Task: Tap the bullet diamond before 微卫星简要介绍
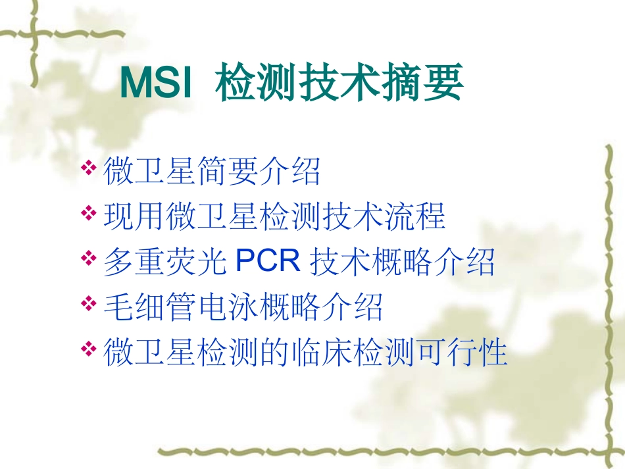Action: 89,169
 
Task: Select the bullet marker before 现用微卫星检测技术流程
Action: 89,214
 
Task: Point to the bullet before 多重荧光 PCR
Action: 89,259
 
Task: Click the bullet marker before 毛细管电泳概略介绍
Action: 89,303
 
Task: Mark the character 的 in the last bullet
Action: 274,352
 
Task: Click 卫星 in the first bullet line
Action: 165,172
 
